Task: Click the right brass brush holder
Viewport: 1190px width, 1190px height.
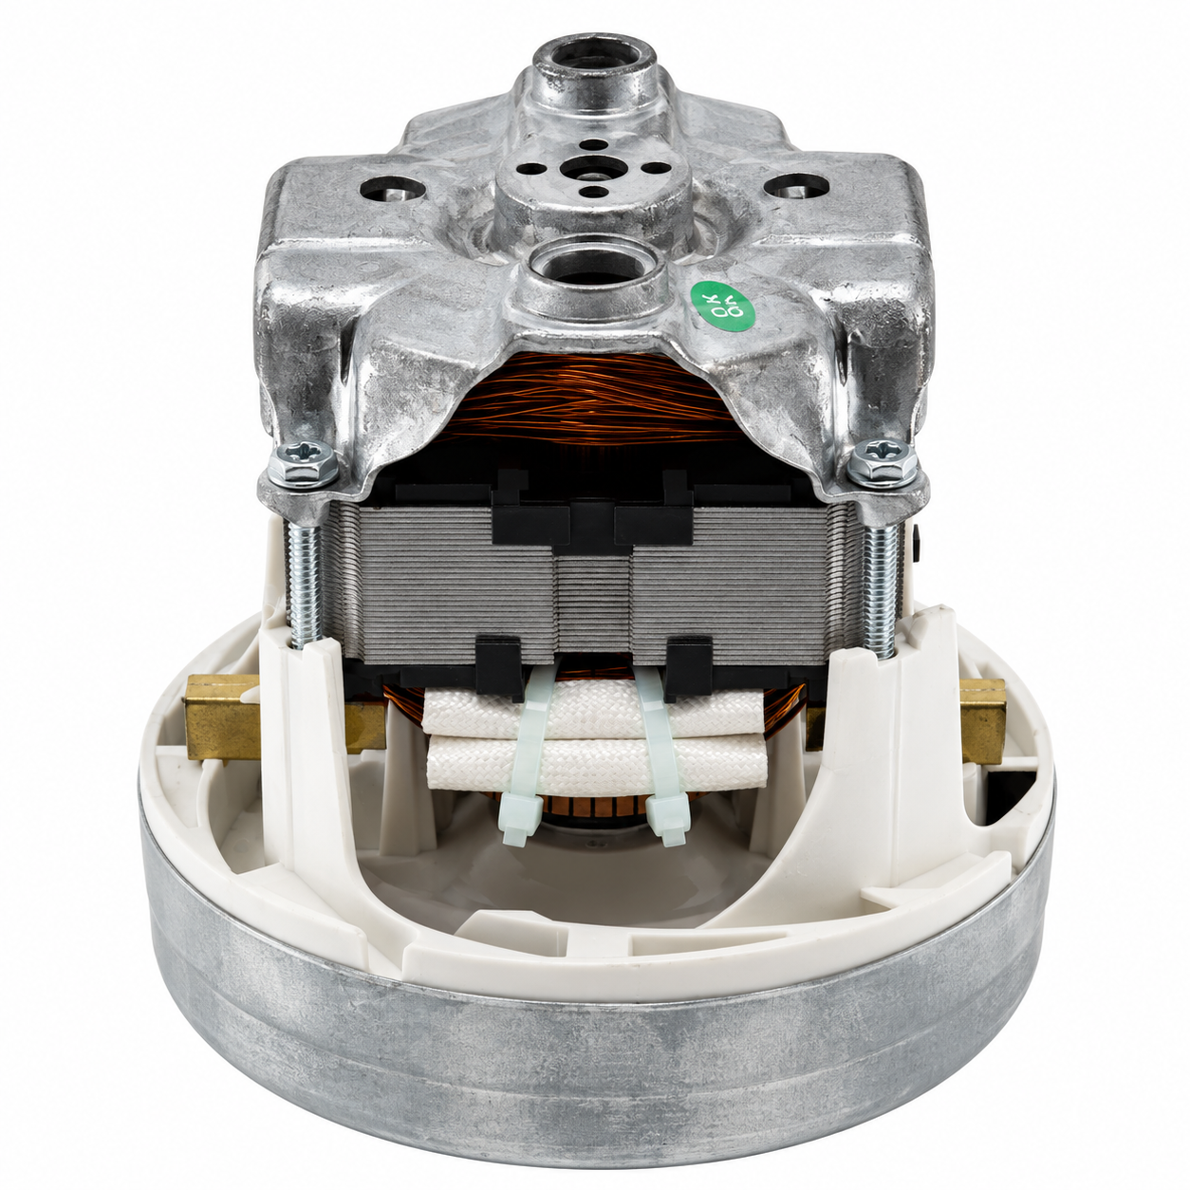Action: pyautogui.click(x=982, y=720)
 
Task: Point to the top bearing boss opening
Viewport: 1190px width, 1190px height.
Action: pyautogui.click(x=593, y=61)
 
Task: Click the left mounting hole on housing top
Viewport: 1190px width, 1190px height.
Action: pyautogui.click(x=393, y=189)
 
